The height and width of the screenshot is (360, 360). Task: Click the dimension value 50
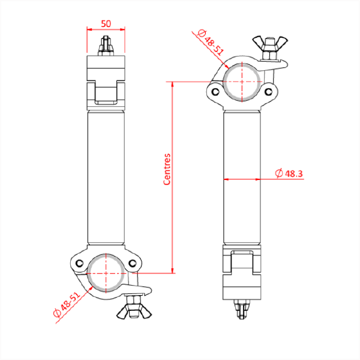coord(106,23)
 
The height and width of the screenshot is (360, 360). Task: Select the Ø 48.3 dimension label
coord(290,173)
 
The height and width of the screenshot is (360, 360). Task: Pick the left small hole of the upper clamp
coord(214,92)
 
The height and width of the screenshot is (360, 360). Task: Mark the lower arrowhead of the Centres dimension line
coord(173,269)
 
